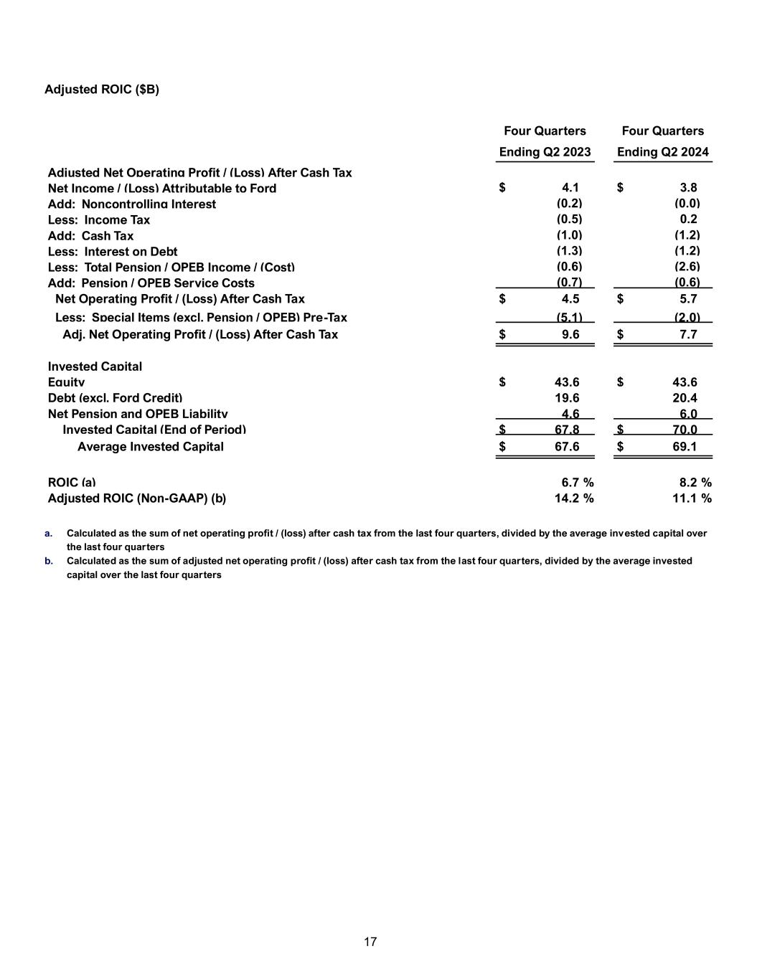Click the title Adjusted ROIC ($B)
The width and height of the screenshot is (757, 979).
(x=102, y=89)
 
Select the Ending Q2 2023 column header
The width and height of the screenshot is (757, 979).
(x=545, y=152)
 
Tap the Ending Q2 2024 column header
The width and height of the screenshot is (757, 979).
(x=662, y=152)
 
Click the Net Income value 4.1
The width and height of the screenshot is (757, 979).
(x=570, y=188)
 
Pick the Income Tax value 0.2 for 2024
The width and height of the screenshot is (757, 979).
(x=688, y=219)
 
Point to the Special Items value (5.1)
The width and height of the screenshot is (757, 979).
(x=570, y=317)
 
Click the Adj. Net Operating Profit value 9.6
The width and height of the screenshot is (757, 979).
(x=570, y=334)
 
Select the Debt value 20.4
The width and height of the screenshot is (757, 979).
(x=685, y=398)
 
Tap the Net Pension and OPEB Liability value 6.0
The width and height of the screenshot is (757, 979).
(x=688, y=414)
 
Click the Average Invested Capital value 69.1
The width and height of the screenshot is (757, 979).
(x=685, y=447)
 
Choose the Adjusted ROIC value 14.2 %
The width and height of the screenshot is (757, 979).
(x=574, y=498)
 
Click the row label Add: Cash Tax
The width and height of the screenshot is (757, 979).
(x=90, y=236)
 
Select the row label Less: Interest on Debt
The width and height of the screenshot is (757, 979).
(x=113, y=252)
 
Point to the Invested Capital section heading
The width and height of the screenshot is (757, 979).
(x=95, y=366)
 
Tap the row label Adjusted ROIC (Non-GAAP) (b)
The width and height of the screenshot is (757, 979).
(x=136, y=498)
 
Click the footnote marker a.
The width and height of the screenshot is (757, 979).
(x=48, y=534)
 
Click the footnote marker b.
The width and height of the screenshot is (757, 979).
(x=48, y=561)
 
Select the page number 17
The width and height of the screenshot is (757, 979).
(x=370, y=942)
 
